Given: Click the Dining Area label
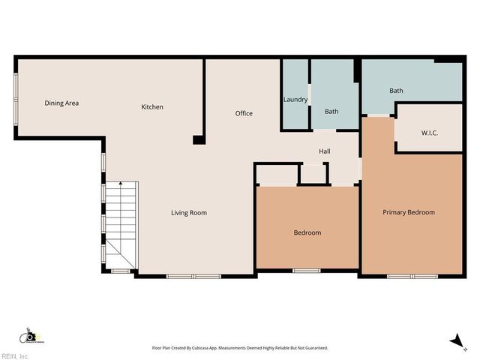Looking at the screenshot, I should pos(61,103).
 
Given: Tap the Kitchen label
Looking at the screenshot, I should pos(152,107).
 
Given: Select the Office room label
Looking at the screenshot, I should pos(244,114).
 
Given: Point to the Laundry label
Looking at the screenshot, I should pos(295,100).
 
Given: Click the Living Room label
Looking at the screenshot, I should pos(188,213).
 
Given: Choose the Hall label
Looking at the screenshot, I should pos(325,151).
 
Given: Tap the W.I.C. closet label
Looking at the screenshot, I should pos(430,133).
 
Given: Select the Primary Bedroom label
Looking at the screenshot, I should pos(409,213).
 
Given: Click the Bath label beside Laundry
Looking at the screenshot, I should pos(331,112).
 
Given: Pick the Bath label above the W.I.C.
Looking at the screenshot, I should pos(396,91).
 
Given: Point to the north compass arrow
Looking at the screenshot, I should pos(455,341).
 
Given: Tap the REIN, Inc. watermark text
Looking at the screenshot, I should pos(15,355).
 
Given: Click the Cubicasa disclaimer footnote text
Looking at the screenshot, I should pos(240,348).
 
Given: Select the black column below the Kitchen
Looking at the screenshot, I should pos(198,139).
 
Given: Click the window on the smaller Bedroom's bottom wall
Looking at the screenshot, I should pos(307,270).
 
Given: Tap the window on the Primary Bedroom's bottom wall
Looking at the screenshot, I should pos(412,276).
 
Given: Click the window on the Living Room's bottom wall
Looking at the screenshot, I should pos(193,276).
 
